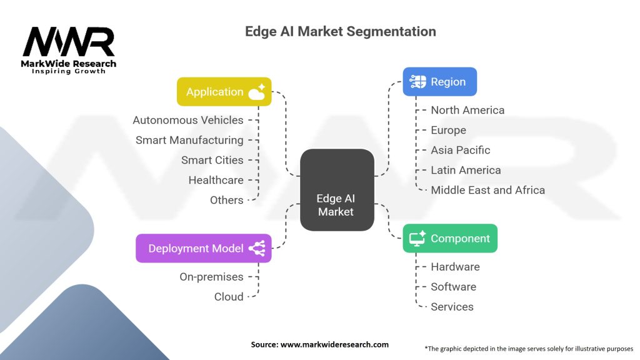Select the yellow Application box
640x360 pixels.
[x=224, y=92]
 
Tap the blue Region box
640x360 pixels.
[x=439, y=82]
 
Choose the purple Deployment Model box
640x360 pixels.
[x=203, y=248]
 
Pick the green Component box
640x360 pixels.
[x=449, y=239]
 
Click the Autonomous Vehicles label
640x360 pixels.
[x=188, y=120]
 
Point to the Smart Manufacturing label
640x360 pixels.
[x=189, y=140]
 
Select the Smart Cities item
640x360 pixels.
[x=212, y=160]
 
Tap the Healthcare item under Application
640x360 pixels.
[x=216, y=180]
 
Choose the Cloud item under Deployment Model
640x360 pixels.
[x=229, y=296]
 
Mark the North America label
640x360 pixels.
[x=467, y=110]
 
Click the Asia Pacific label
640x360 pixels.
[x=461, y=150]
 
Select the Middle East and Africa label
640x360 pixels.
[x=487, y=190]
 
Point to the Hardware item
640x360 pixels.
[x=455, y=267]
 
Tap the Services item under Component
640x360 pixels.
[x=452, y=307]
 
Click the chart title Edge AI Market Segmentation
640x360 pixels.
[x=341, y=31]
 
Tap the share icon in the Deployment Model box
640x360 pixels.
[x=256, y=249]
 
